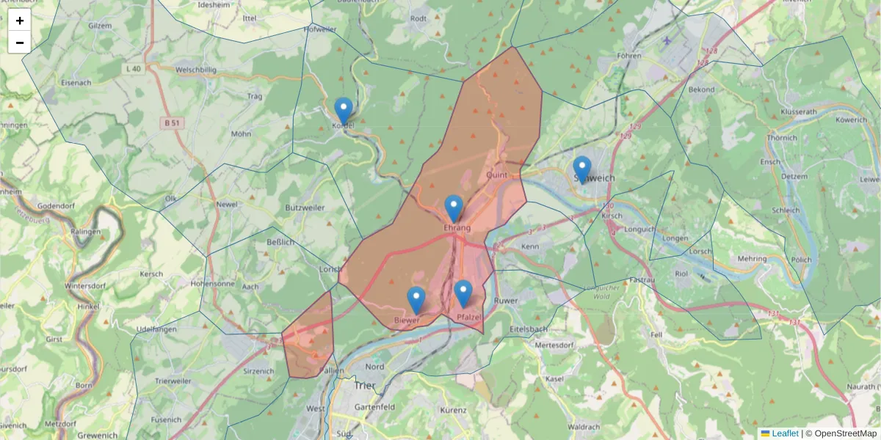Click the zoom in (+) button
[x=20, y=21]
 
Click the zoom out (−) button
[x=20, y=43]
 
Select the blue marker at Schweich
[x=581, y=169]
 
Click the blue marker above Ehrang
[x=454, y=208]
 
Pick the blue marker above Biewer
[x=416, y=300]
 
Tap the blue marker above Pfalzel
[x=463, y=293]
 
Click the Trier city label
[x=364, y=386]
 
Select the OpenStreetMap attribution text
[x=841, y=433]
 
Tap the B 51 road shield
[x=172, y=123]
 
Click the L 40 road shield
[x=133, y=69]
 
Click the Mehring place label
[x=752, y=259]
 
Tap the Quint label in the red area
[x=497, y=175]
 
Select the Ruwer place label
[x=507, y=300]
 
